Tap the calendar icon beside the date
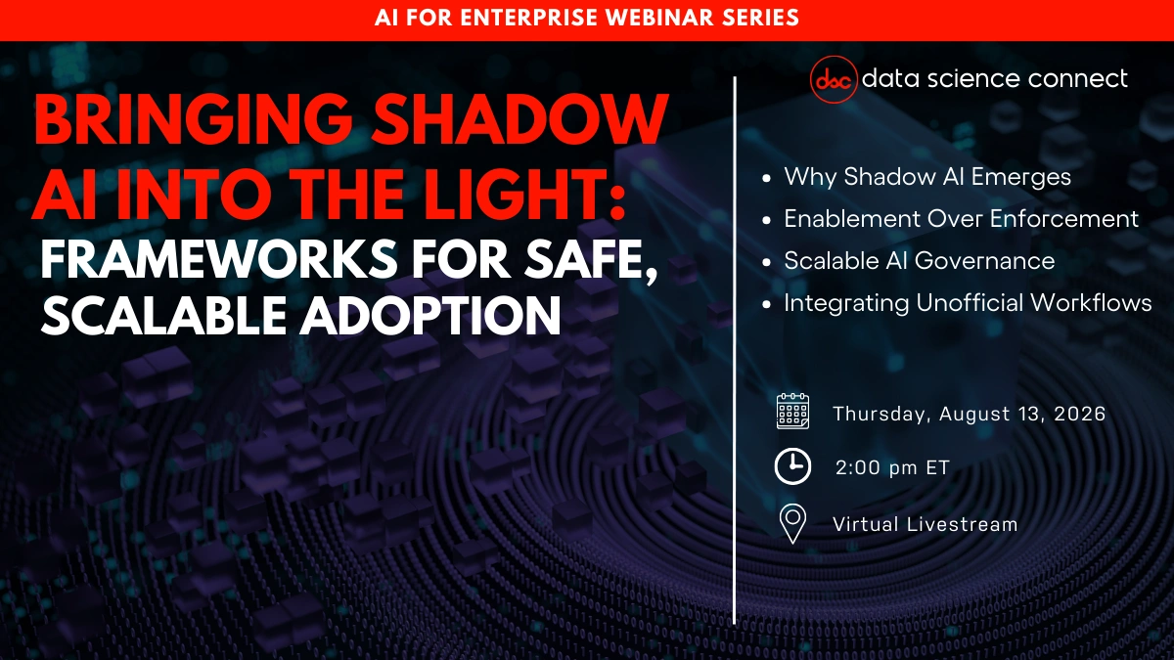pos(792,413)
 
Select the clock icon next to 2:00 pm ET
pos(792,466)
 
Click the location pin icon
pos(792,523)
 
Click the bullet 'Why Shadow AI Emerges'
pos(927,177)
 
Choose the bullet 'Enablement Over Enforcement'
pos(961,219)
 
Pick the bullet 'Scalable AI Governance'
pos(919,261)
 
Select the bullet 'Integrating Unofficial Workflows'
pos(968,303)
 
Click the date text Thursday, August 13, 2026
pos(969,414)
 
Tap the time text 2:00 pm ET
pos(892,468)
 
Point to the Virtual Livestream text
pos(925,524)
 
